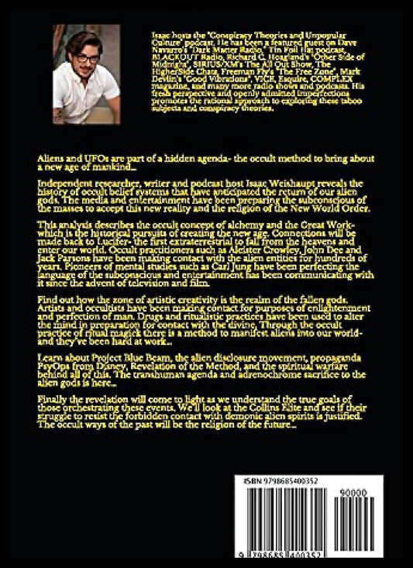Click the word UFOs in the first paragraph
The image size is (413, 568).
[x=84, y=157]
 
